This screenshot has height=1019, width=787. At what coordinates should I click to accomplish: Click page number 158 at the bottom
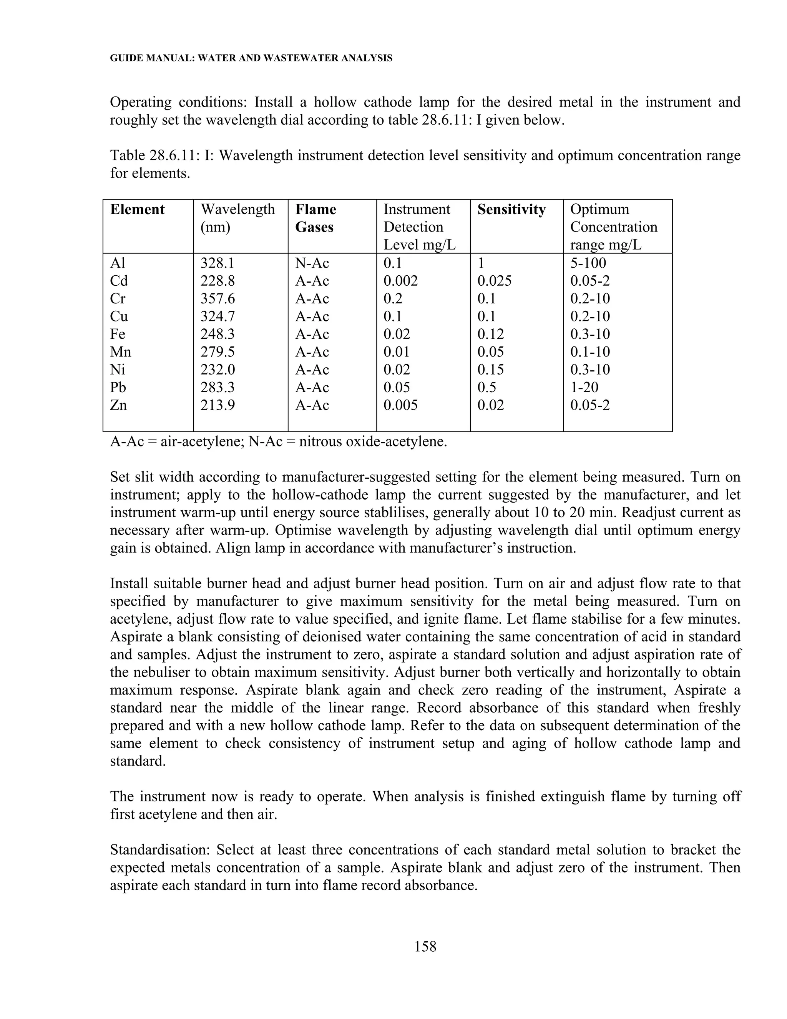[x=425, y=946]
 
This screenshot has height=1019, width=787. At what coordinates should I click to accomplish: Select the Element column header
[x=137, y=210]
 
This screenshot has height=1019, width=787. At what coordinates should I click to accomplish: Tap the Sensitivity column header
[x=511, y=210]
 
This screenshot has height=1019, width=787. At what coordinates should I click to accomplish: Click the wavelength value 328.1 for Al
[x=217, y=263]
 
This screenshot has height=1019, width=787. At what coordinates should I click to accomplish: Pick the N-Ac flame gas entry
[x=312, y=263]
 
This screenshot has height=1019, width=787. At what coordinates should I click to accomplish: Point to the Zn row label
[x=118, y=405]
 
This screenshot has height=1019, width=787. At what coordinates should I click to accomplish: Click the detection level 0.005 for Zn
[x=400, y=405]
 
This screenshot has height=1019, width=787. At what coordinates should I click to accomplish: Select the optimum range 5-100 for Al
[x=588, y=263]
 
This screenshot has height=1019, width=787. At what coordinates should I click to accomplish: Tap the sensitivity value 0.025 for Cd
[x=494, y=281]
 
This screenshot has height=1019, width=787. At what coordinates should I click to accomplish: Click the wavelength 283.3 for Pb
[x=217, y=387]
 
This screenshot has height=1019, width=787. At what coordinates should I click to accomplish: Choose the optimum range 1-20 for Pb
[x=584, y=387]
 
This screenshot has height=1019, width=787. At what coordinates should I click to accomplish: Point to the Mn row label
[x=120, y=352]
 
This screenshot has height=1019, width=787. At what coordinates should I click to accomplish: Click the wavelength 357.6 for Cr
[x=217, y=299]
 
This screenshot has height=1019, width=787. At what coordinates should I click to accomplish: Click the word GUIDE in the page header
[x=123, y=58]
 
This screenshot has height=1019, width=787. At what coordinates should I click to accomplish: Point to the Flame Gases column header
[x=315, y=218]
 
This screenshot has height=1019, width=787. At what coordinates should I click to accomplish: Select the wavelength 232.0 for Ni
[x=217, y=370]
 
